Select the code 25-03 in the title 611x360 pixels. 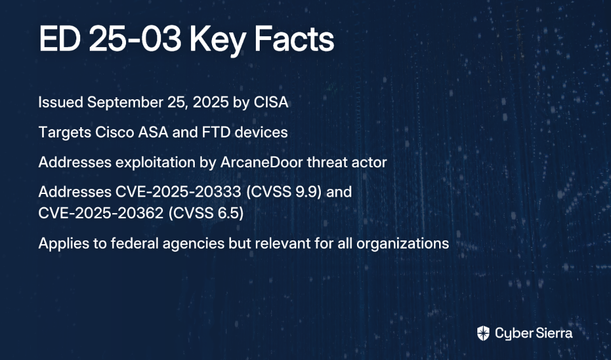coord(135,39)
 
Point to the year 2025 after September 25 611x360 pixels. coord(211,102)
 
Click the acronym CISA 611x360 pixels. coord(271,102)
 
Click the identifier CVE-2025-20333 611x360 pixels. coord(178,192)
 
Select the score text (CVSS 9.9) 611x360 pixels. coord(284,192)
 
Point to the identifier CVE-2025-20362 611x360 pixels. coord(101,213)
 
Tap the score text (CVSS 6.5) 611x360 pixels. coord(206,213)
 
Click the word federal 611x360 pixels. coord(134,244)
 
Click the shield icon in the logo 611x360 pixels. coord(483,333)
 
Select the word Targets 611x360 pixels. coord(65,133)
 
